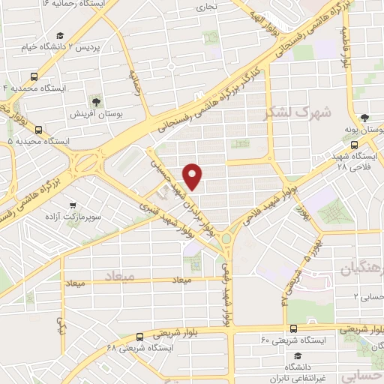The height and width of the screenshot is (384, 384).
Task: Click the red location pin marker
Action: (x=193, y=175)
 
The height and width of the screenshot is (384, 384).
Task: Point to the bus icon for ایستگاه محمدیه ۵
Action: (x=38, y=129)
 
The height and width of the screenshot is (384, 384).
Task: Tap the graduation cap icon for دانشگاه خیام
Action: (x=58, y=35)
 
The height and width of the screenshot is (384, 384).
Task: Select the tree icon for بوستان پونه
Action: (x=364, y=118)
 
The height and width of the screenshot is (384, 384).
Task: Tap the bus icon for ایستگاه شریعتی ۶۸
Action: (x=140, y=337)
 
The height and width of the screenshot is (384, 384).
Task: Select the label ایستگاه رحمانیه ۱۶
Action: (x=75, y=4)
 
